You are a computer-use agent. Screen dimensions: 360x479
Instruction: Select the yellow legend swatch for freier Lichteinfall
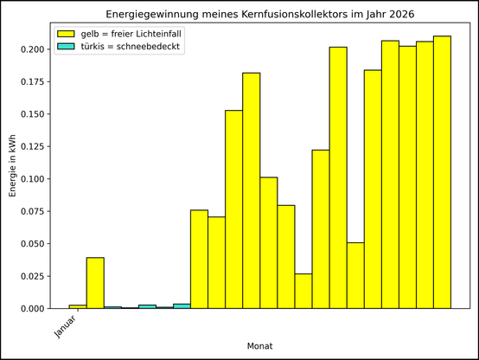(x=66, y=33)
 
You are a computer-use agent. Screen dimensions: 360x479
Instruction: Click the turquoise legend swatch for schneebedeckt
(x=66, y=47)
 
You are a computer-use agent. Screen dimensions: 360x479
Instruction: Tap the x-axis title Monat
(x=260, y=345)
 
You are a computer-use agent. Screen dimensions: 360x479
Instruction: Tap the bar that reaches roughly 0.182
(x=251, y=190)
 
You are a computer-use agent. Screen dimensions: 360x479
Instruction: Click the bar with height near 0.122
(x=320, y=229)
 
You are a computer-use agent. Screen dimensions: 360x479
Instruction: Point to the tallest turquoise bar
(x=182, y=306)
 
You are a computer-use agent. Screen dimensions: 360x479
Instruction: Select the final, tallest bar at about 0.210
(x=442, y=172)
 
